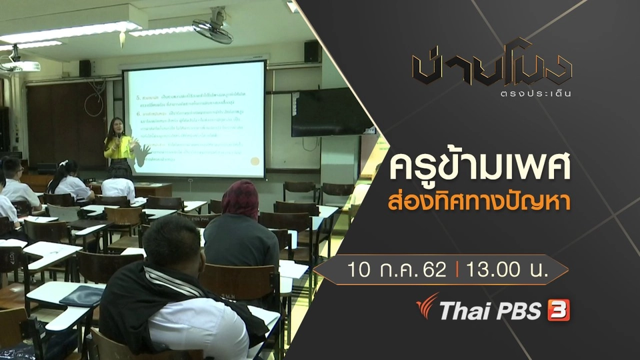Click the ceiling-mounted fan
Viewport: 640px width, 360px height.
[x=213, y=27]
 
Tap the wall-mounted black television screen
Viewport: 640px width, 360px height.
[x=331, y=111]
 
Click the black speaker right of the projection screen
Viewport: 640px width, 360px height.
[x=311, y=51]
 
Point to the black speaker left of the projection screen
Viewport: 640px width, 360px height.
[x=85, y=68]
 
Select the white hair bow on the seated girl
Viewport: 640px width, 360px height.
[x=65, y=163]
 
